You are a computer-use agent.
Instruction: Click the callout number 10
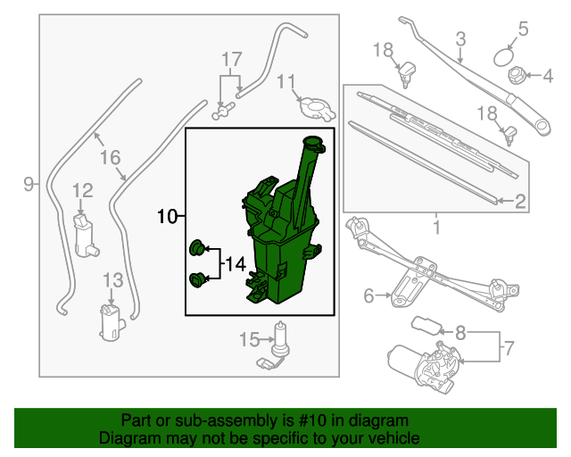(168, 215)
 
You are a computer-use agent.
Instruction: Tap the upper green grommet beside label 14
(198, 246)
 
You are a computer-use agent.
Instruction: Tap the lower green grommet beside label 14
(198, 281)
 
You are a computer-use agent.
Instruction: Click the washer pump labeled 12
(86, 234)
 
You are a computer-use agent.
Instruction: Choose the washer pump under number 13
(112, 321)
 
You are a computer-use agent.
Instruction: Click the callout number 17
(232, 61)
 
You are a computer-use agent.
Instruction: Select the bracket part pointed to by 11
(316, 108)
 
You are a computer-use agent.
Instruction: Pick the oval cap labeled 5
(506, 55)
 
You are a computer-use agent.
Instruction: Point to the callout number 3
(461, 38)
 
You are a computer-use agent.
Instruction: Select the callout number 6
(368, 295)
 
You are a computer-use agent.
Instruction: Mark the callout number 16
(110, 158)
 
